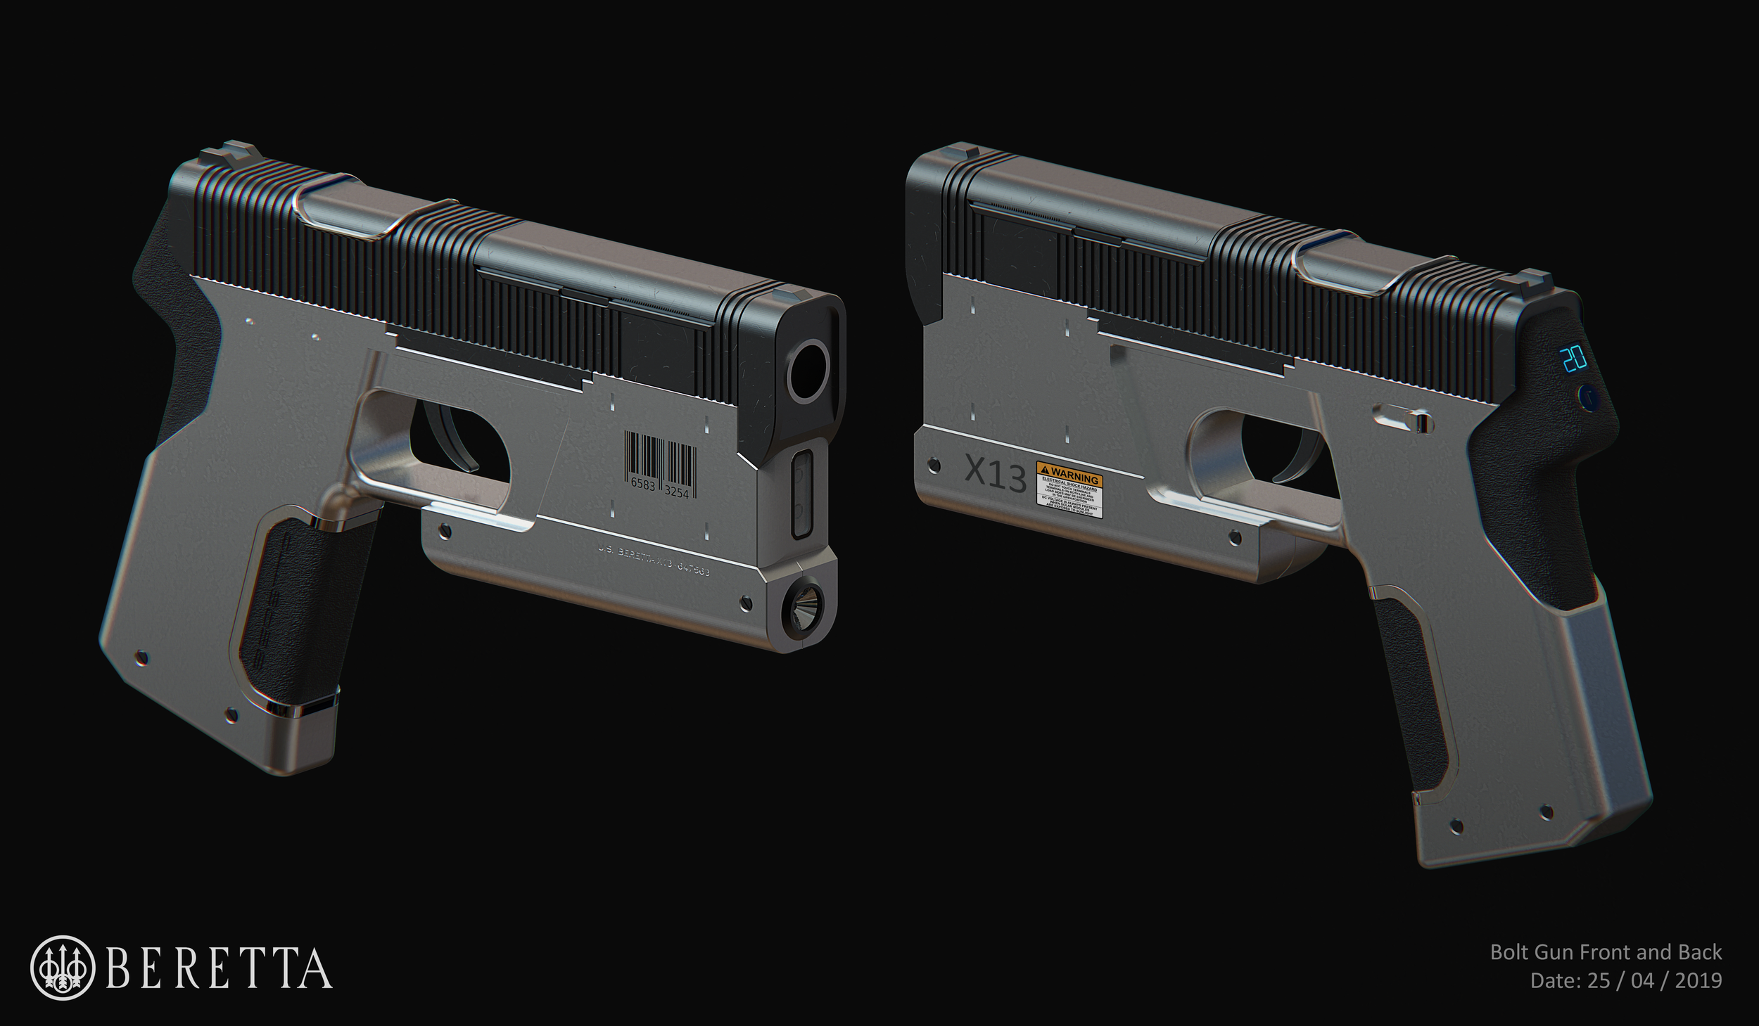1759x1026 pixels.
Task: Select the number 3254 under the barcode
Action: (677, 493)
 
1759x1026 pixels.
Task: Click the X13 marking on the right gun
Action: (993, 473)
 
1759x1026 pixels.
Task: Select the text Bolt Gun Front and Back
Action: (1606, 953)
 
